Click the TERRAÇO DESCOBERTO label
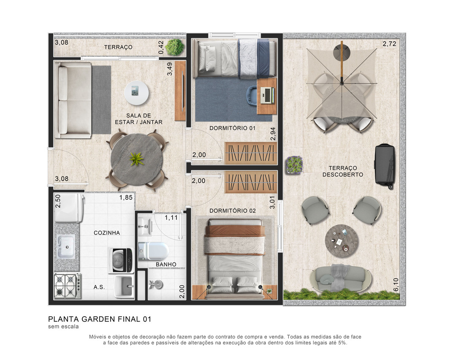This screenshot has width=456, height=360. (x=342, y=171)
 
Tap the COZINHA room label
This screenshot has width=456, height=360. (x=107, y=233)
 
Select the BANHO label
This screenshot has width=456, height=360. (x=166, y=264)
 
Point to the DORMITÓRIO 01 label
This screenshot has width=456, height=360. (x=232, y=128)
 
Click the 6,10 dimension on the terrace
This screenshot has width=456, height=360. (x=396, y=285)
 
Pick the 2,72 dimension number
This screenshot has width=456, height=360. (x=389, y=43)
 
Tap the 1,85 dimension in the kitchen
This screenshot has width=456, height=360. (x=126, y=198)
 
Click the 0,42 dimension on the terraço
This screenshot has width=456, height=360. (x=161, y=47)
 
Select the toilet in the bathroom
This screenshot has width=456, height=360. (x=153, y=251)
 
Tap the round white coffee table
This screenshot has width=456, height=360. (x=136, y=93)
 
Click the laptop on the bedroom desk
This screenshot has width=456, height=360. (x=267, y=96)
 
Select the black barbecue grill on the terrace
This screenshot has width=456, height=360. (x=385, y=165)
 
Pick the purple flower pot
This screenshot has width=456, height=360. (x=294, y=165)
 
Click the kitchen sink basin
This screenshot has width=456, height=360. (x=65, y=246)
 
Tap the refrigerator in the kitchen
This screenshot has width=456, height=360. (x=69, y=208)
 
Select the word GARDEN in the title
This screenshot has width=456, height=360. (x=98, y=319)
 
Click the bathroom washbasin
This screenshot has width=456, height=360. (x=144, y=226)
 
